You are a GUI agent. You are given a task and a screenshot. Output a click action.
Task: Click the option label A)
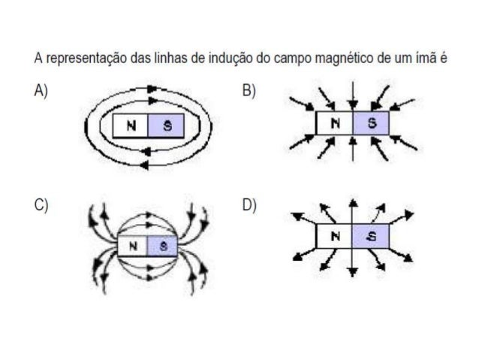41,91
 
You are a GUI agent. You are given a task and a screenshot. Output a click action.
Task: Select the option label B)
249,91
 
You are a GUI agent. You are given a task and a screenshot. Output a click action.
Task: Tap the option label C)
41,206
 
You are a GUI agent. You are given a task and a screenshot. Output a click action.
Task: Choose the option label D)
249,206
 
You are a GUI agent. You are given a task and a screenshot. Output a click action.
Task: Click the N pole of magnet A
131,126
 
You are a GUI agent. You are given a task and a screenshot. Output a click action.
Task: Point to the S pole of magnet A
167,126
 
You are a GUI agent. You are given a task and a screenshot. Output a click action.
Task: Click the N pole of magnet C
133,245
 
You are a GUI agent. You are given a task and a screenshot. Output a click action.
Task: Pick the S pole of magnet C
162,245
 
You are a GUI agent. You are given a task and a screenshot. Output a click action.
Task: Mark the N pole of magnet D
333,236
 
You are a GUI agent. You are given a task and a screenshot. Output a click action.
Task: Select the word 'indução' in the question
241,58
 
